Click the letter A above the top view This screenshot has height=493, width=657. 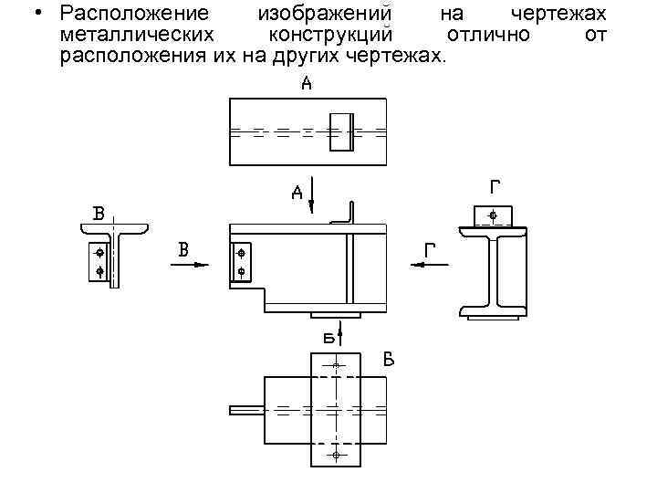[x=307, y=85]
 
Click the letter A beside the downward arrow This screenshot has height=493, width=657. [x=297, y=193]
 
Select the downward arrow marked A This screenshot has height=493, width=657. [x=312, y=195]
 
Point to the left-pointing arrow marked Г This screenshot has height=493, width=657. [x=430, y=265]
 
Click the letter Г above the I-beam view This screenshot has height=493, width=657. [x=495, y=188]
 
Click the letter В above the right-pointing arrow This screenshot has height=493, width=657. [x=183, y=248]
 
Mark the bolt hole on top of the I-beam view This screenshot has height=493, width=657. [x=493, y=216]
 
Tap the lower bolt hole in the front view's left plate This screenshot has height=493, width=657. [x=241, y=272]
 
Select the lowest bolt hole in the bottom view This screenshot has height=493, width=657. [x=336, y=455]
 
